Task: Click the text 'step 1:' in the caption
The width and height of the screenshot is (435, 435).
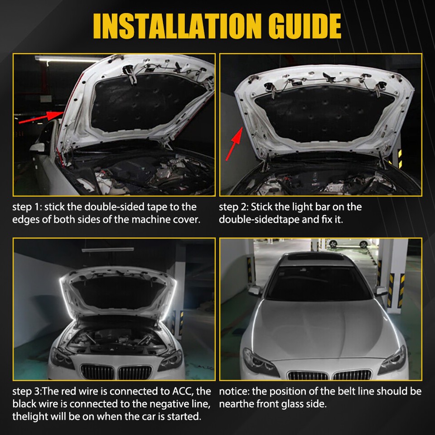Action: pyautogui.click(x=27, y=207)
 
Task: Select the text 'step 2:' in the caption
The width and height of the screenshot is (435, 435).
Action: pyautogui.click(x=233, y=207)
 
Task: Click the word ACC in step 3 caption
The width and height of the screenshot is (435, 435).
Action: pyautogui.click(x=185, y=391)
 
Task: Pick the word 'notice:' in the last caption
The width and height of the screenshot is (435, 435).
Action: pyautogui.click(x=234, y=391)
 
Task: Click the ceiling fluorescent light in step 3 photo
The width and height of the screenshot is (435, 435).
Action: pyautogui.click(x=107, y=249)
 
